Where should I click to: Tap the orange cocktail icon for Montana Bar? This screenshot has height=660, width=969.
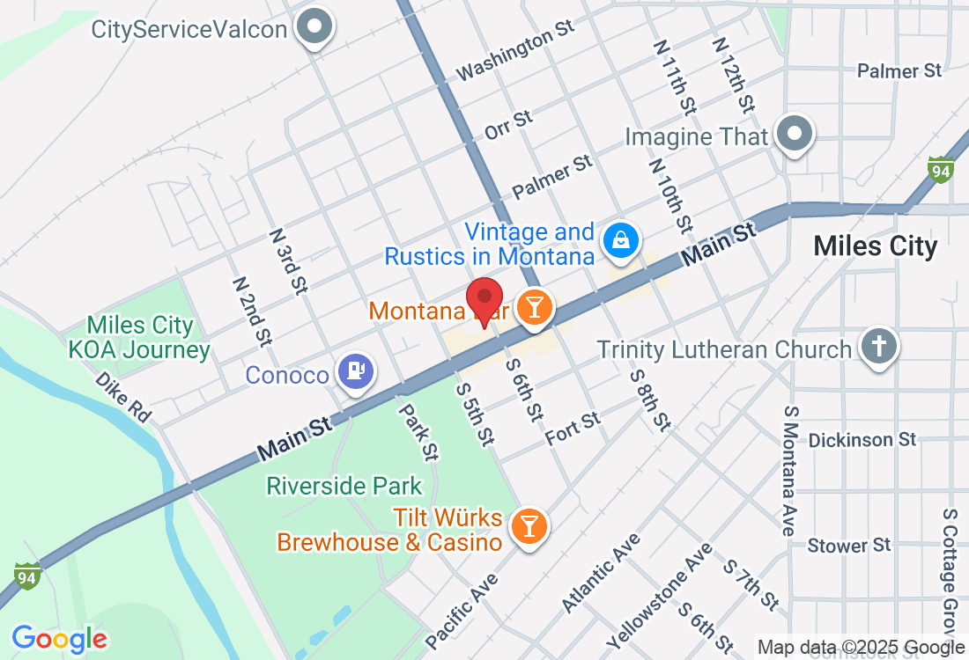[533, 307]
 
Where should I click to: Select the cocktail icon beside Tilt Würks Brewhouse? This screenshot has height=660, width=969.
[529, 525]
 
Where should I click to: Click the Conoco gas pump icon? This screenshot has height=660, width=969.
[356, 371]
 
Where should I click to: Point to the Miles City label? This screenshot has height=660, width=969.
[876, 246]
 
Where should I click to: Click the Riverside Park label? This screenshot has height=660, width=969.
[344, 486]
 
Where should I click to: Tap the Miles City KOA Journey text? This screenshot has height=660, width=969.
[140, 338]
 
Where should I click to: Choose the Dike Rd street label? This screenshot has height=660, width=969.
[123, 396]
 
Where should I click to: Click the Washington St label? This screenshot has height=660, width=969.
[516, 52]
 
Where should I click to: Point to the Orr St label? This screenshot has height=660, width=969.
[509, 125]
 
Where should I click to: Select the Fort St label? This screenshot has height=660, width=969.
[573, 428]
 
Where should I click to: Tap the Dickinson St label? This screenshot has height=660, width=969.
[862, 439]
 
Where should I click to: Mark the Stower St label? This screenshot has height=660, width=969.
[849, 546]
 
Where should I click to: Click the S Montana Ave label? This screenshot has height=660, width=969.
[788, 471]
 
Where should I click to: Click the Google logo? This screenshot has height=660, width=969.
[59, 638]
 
